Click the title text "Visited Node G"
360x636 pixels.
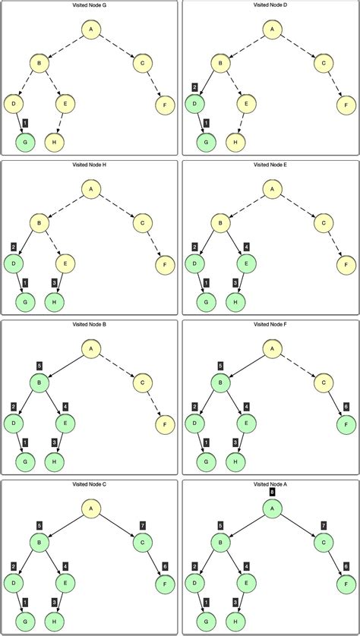coord(90,5)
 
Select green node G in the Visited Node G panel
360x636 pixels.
coord(25,141)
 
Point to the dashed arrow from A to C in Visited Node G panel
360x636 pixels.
coord(116,46)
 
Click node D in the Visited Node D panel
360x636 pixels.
coord(194,102)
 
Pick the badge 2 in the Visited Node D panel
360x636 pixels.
coord(194,87)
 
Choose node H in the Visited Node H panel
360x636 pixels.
coord(54,301)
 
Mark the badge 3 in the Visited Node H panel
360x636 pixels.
coord(54,283)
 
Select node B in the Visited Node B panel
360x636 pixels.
coord(40,383)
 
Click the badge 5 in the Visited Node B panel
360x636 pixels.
coord(39,365)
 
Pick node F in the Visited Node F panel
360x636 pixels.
coord(346,423)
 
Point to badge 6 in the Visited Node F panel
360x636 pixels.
coord(346,406)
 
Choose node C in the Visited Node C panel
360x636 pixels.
coord(143,542)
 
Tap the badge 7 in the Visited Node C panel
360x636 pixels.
coord(143,525)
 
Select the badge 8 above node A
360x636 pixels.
coord(271,491)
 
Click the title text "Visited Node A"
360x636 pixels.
coord(270,483)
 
